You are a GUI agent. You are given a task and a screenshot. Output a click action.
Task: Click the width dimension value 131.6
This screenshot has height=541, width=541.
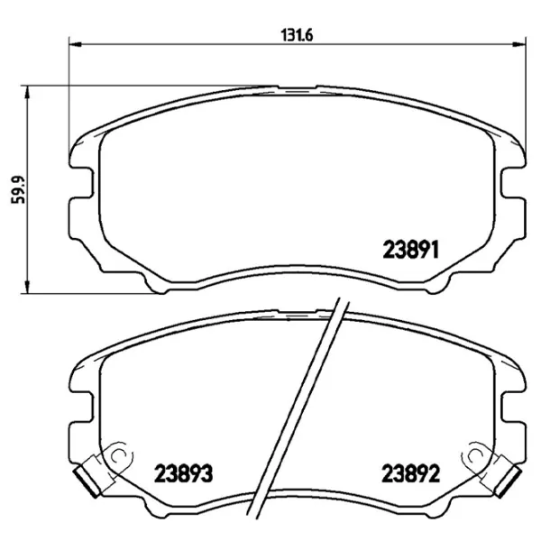[x=289, y=36]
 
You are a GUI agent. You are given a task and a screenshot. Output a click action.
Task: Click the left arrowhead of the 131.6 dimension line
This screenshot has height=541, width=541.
[x=74, y=43]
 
